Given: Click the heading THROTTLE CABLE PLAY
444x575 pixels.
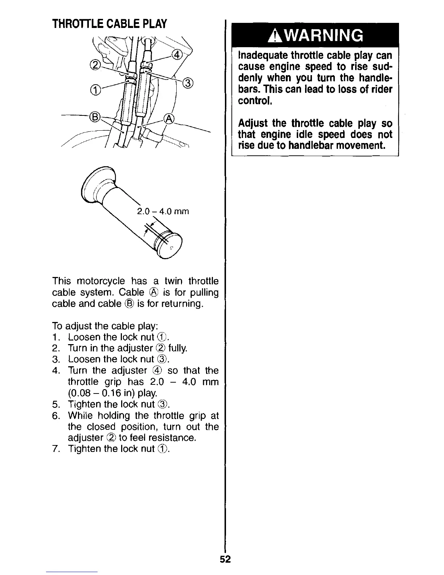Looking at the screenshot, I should tap(109, 24).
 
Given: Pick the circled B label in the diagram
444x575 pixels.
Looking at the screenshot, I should tap(95, 117).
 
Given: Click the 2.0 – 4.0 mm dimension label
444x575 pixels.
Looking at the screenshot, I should tap(163, 211).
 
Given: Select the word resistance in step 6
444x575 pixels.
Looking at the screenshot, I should tap(172, 438).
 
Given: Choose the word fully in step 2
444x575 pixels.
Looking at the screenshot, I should tap(178, 348).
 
